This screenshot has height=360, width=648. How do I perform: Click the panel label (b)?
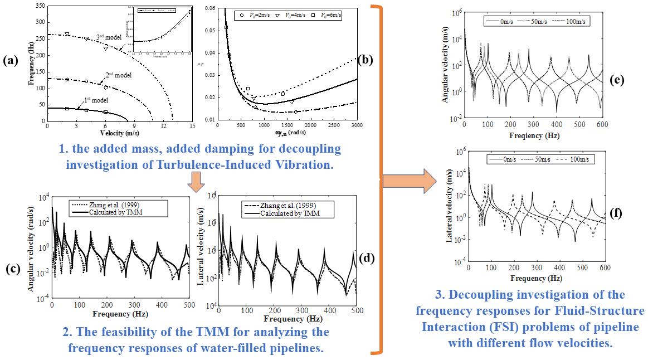coord(365,59)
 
